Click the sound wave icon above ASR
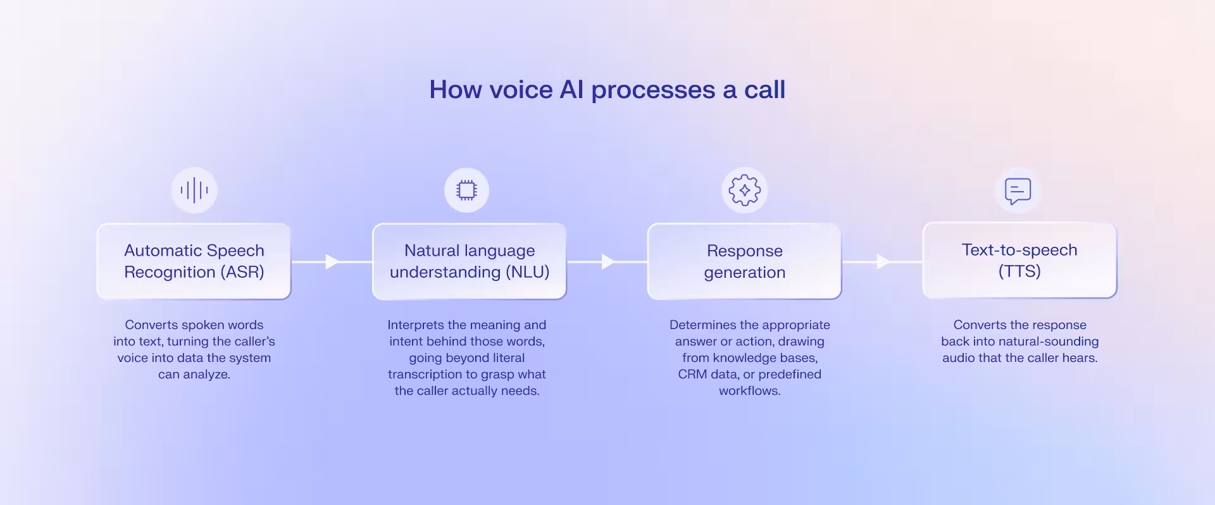coord(194,190)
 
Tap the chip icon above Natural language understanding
coord(467,190)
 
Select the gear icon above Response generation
coord(745,190)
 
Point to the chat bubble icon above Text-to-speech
coord(1018,190)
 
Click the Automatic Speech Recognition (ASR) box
coord(194,261)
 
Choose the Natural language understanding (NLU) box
coord(470,261)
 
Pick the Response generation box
coord(745,261)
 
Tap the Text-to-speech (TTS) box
coord(1019,260)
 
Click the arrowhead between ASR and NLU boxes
coord(332,261)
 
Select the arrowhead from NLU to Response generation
coord(607,261)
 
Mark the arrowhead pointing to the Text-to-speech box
coord(883,261)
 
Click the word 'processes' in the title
coord(653,90)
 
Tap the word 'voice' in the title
coord(521,90)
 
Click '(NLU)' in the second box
coord(527,272)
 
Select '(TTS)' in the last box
coord(1019,271)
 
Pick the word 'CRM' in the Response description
coord(692,375)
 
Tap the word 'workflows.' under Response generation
coord(750,391)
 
